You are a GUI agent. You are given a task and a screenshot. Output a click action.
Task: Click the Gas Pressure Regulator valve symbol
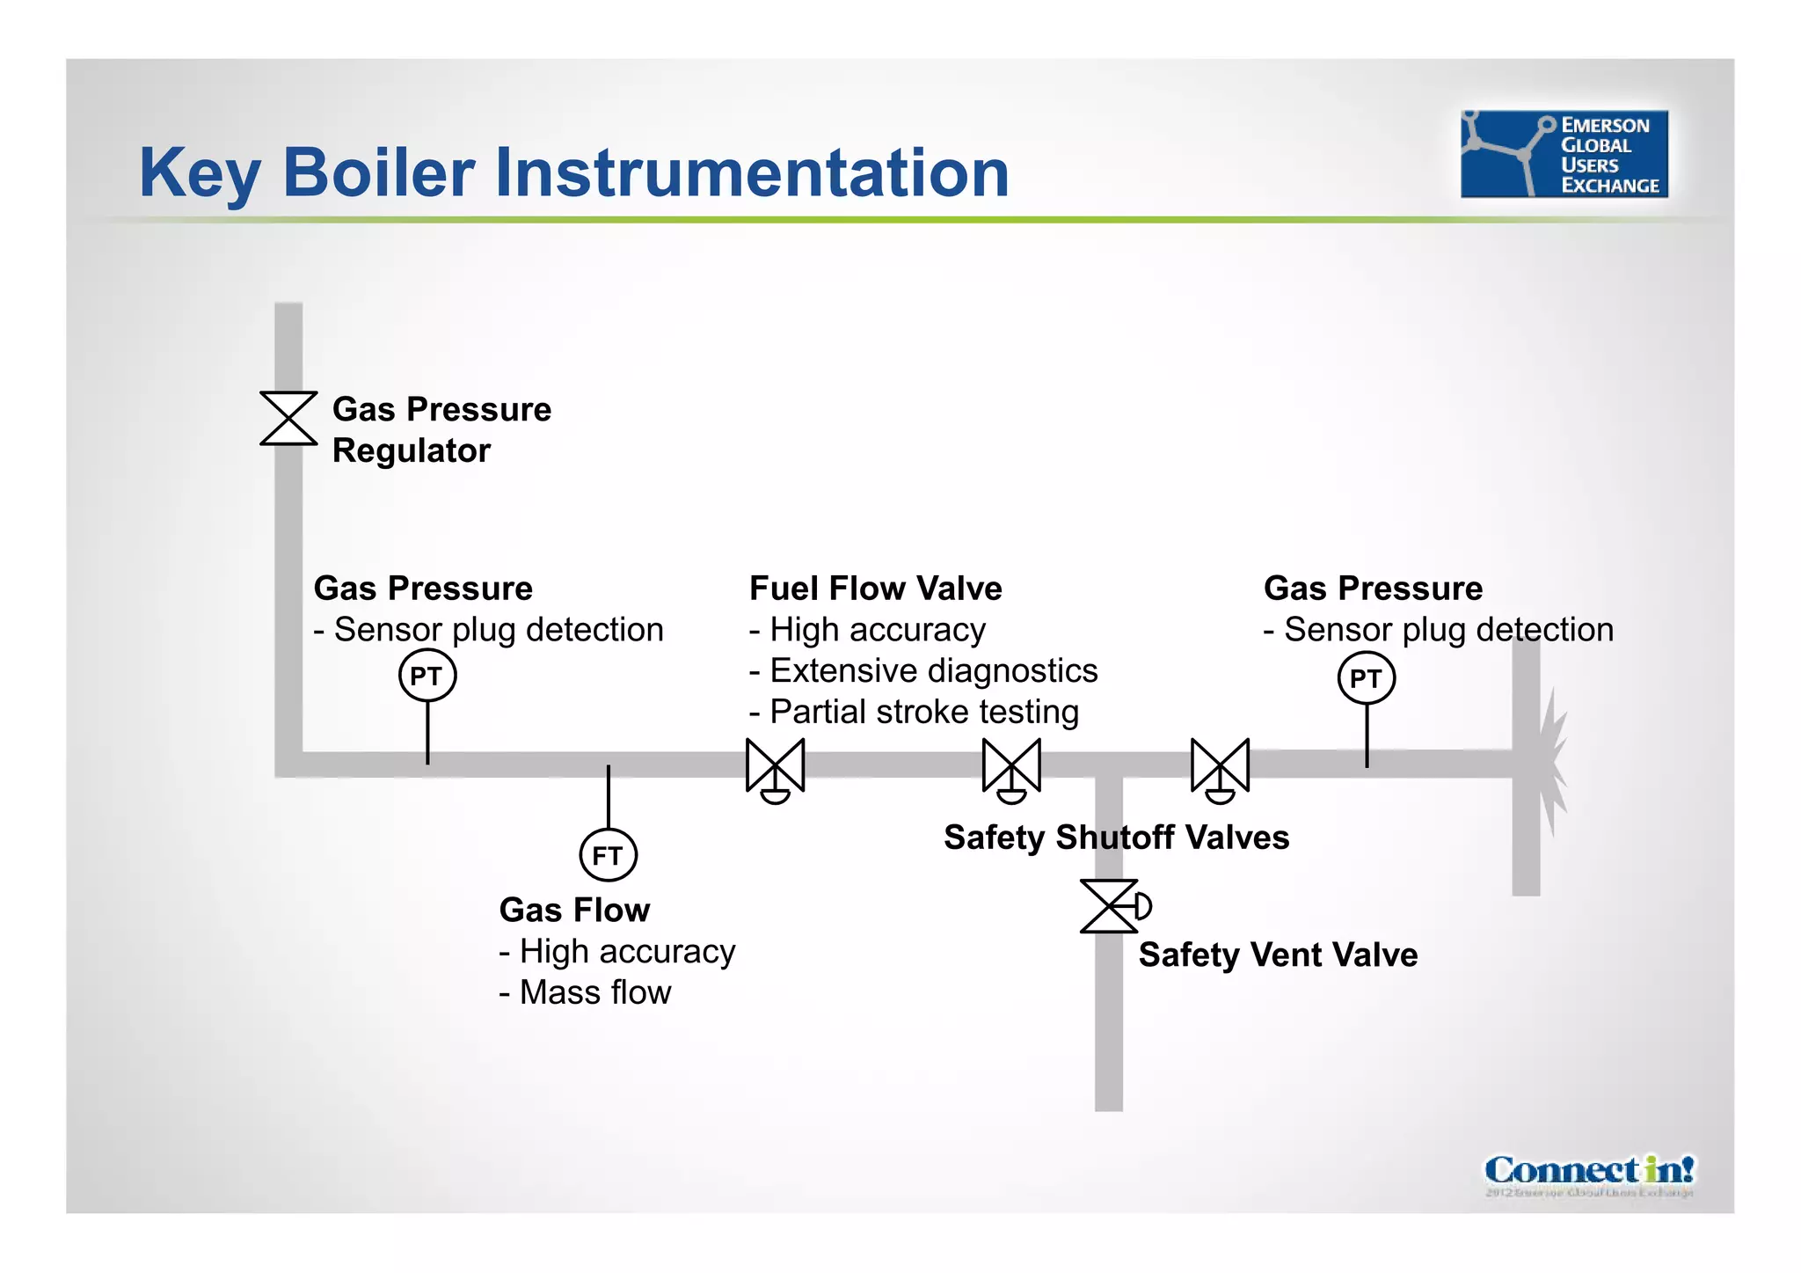tap(288, 419)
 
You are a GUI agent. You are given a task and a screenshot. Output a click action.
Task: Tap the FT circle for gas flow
tap(608, 855)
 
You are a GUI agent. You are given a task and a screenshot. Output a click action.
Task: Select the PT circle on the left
tap(427, 676)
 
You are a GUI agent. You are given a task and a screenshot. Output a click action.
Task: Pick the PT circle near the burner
tap(1366, 678)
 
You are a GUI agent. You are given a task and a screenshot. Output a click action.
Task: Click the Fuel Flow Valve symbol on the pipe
tap(775, 766)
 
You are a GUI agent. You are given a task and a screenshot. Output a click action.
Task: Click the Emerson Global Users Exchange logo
tap(1564, 154)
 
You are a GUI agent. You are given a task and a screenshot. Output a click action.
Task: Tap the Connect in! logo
tap(1588, 1171)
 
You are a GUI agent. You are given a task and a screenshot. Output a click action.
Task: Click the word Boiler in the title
tap(378, 172)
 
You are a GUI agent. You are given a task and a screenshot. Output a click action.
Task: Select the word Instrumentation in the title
tap(752, 172)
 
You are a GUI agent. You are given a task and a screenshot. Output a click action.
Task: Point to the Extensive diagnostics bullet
tap(923, 671)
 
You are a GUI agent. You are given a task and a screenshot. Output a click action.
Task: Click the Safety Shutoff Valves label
tap(1116, 838)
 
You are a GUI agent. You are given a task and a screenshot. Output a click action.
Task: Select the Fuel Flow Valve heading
tap(875, 589)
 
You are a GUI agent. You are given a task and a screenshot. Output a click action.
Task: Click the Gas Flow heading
tap(574, 911)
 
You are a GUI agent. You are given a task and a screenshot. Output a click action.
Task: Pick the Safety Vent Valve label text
tap(1278, 955)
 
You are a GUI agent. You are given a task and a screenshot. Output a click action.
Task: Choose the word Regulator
tap(411, 451)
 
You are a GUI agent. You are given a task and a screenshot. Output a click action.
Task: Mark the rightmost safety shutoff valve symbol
tap(1220, 767)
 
